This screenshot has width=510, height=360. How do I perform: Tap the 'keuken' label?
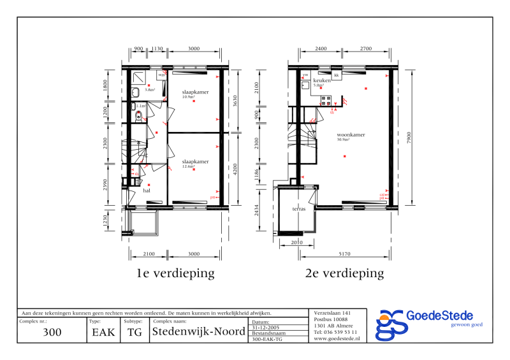coord(322,81)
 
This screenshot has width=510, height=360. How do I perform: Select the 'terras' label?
coord(299,209)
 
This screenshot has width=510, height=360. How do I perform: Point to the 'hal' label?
coord(147,190)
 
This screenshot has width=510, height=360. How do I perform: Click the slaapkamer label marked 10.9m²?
coord(195,92)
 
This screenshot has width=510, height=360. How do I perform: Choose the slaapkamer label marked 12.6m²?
coord(195,162)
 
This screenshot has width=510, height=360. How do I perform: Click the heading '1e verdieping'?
coord(175,273)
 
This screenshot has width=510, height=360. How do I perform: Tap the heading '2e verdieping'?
coord(345,273)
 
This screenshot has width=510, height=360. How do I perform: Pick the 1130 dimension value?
coord(158,48)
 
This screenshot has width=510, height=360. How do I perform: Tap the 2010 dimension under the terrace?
coord(296,243)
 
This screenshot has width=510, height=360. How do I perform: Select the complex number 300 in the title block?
coord(52,332)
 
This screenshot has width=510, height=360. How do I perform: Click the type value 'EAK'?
coord(103,332)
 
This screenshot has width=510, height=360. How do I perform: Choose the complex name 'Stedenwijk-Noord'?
coord(198,332)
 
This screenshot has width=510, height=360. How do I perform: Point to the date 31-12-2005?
coord(266,328)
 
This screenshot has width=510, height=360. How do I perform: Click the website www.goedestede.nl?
coord(337,339)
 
